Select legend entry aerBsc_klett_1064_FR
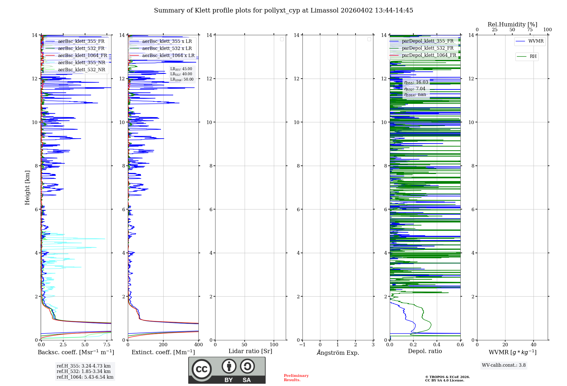click(x=82, y=56)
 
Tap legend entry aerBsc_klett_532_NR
click(x=81, y=70)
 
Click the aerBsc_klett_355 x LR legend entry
click(x=167, y=41)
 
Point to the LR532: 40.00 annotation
click(x=181, y=74)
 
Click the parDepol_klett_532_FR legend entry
click(x=427, y=48)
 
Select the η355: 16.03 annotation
click(x=416, y=82)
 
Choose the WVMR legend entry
click(x=536, y=41)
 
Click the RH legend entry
click(x=533, y=56)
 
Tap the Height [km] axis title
click(x=27, y=187)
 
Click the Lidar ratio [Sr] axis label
click(x=250, y=351)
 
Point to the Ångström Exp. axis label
click(x=338, y=353)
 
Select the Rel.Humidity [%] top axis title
click(x=512, y=24)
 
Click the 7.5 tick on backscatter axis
click(x=107, y=345)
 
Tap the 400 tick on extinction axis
click(x=198, y=345)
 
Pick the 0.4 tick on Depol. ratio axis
click(x=437, y=345)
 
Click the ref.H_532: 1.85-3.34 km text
click(x=84, y=371)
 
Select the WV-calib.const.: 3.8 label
click(x=503, y=365)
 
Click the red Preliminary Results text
click(x=296, y=378)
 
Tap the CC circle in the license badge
click(x=202, y=369)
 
